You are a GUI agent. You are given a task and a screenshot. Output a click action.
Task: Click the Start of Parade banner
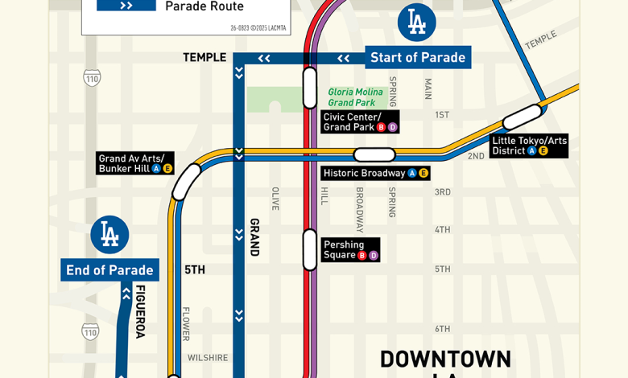417,58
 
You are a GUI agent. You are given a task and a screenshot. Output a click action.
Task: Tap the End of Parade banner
109,270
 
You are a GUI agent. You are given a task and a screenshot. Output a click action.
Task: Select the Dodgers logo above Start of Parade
416,23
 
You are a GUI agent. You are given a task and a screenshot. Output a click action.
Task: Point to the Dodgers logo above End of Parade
109,235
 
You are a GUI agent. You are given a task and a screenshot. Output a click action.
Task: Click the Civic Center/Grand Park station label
359,121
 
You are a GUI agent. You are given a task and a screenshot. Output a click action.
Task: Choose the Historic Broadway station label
375,173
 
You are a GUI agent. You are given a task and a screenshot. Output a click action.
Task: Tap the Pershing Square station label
349,250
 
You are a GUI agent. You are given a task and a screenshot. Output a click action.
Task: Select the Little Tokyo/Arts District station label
529,146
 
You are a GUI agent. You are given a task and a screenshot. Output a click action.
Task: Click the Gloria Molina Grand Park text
353,97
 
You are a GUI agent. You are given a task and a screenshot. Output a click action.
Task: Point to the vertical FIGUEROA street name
140,311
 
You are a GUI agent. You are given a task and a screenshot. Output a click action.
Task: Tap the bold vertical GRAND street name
254,237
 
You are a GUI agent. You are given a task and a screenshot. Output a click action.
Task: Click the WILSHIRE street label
208,358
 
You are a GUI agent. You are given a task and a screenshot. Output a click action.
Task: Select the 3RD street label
443,192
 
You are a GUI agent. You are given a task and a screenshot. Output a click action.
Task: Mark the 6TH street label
443,329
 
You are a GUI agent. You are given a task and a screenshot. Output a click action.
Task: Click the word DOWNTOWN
445,360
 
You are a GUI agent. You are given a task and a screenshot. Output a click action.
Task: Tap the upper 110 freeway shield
92,78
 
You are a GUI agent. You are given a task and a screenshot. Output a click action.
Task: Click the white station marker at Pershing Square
310,249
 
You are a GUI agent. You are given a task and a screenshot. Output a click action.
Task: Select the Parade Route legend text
205,6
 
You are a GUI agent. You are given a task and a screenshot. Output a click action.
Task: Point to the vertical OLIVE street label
275,199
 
